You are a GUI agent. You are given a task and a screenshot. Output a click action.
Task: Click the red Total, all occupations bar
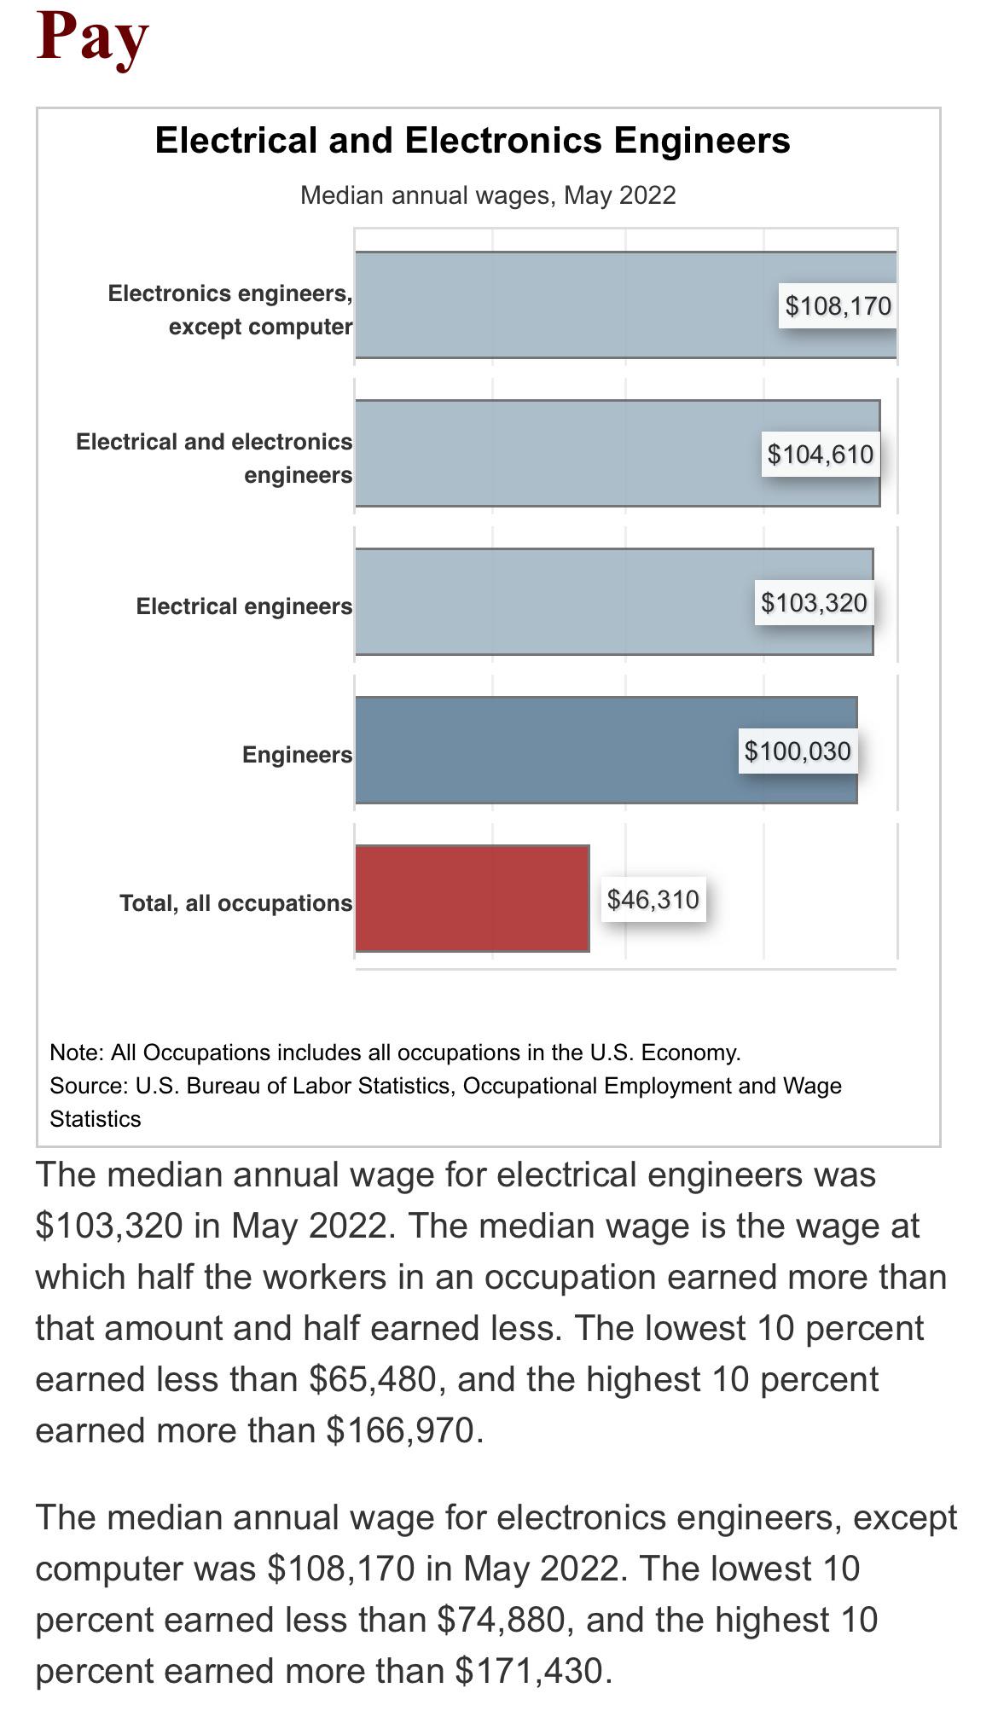472,898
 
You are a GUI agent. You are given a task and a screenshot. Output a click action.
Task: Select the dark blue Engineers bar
546,751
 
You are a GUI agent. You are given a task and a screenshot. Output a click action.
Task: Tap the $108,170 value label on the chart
838,306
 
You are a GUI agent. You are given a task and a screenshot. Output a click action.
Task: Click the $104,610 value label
820,455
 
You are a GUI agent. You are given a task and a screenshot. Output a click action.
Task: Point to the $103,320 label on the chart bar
814,603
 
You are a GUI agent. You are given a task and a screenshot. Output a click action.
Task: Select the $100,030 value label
798,751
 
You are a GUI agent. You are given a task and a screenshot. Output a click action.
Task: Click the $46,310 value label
653,900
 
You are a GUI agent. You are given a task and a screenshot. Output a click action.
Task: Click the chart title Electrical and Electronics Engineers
473,141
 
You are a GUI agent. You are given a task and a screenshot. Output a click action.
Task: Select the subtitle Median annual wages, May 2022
488,195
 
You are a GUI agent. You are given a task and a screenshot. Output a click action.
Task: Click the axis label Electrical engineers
244,606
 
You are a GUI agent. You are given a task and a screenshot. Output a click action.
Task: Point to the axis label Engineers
297,755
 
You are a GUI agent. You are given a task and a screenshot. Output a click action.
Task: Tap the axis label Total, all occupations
235,903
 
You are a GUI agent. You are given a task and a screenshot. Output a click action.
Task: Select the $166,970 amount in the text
400,1430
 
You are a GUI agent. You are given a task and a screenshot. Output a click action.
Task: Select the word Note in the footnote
75,1053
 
